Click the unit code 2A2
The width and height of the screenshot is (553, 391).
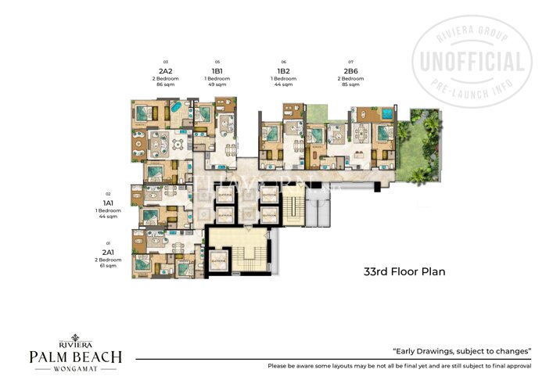pyautogui.click(x=166, y=71)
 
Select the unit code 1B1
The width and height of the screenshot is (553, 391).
pyautogui.click(x=217, y=71)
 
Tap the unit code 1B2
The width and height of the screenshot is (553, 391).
pyautogui.click(x=283, y=71)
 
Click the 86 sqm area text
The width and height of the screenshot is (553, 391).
pyautogui.click(x=166, y=84)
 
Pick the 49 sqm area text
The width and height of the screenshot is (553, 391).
pyautogui.click(x=217, y=84)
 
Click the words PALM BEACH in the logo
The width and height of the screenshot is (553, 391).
pyautogui.click(x=75, y=357)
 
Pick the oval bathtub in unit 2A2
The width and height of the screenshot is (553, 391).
pyautogui.click(x=176, y=106)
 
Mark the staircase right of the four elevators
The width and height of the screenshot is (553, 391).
pyautogui.click(x=294, y=206)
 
